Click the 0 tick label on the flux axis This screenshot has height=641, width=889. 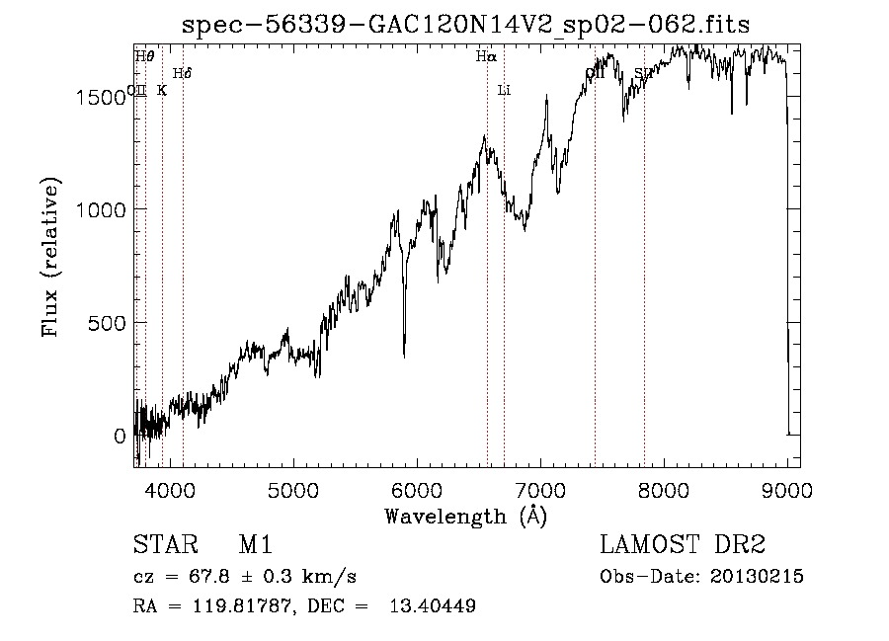point(120,436)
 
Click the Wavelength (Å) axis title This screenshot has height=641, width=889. point(465,515)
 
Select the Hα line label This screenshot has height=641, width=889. point(485,57)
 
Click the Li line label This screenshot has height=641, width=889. point(504,90)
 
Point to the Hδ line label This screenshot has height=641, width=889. point(182,73)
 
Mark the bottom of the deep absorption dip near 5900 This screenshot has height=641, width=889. point(404,356)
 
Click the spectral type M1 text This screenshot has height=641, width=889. point(255,545)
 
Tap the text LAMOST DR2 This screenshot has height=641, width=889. point(683,545)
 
